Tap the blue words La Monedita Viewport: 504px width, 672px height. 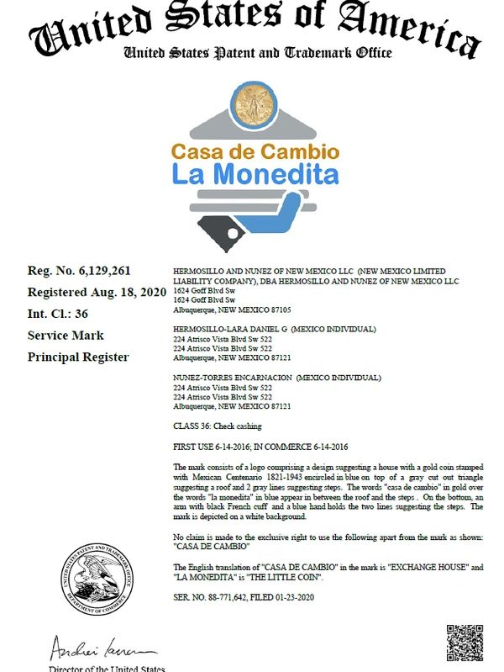tap(255, 174)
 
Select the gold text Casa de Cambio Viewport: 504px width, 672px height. tap(255, 152)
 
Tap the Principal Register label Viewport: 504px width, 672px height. tap(78, 357)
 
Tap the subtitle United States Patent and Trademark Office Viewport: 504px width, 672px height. tap(258, 53)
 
